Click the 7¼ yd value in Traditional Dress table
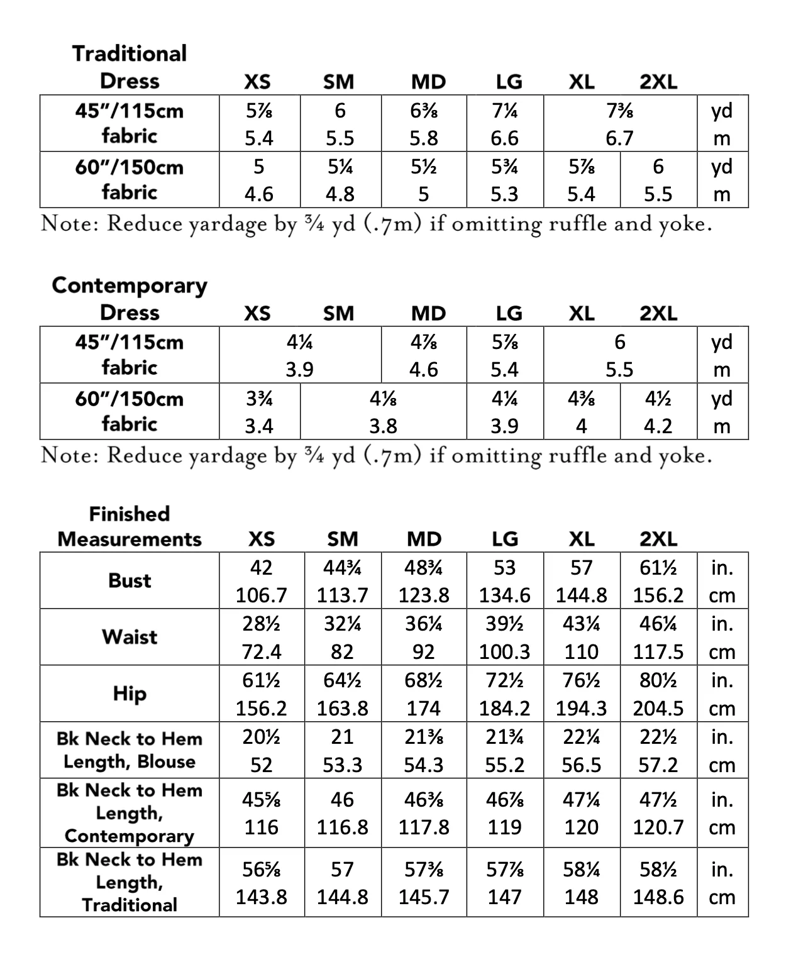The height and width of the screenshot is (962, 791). (x=504, y=111)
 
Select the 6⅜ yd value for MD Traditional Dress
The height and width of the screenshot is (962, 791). (x=423, y=111)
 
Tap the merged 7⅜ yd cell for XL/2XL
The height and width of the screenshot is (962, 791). (x=619, y=111)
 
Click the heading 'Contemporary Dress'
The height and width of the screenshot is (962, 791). (x=130, y=299)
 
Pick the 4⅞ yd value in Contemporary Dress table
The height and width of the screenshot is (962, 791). (x=423, y=342)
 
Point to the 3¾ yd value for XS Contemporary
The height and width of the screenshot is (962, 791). (x=258, y=399)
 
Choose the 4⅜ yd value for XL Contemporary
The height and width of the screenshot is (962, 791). (x=581, y=399)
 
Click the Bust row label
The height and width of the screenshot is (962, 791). (x=130, y=580)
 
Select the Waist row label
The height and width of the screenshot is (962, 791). (x=130, y=637)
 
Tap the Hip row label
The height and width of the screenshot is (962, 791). (x=130, y=694)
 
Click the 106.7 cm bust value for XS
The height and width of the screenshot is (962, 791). (x=261, y=595)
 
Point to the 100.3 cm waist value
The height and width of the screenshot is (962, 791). (x=504, y=651)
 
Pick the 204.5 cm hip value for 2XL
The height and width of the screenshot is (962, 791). (x=658, y=709)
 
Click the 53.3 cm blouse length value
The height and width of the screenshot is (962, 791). (x=342, y=765)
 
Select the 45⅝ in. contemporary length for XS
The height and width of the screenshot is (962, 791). (x=261, y=800)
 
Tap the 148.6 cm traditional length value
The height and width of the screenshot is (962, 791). (x=658, y=897)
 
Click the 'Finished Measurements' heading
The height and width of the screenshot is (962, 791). (x=130, y=526)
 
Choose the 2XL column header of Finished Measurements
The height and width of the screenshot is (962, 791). (x=658, y=539)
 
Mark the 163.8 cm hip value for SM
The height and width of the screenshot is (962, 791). (x=342, y=709)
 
